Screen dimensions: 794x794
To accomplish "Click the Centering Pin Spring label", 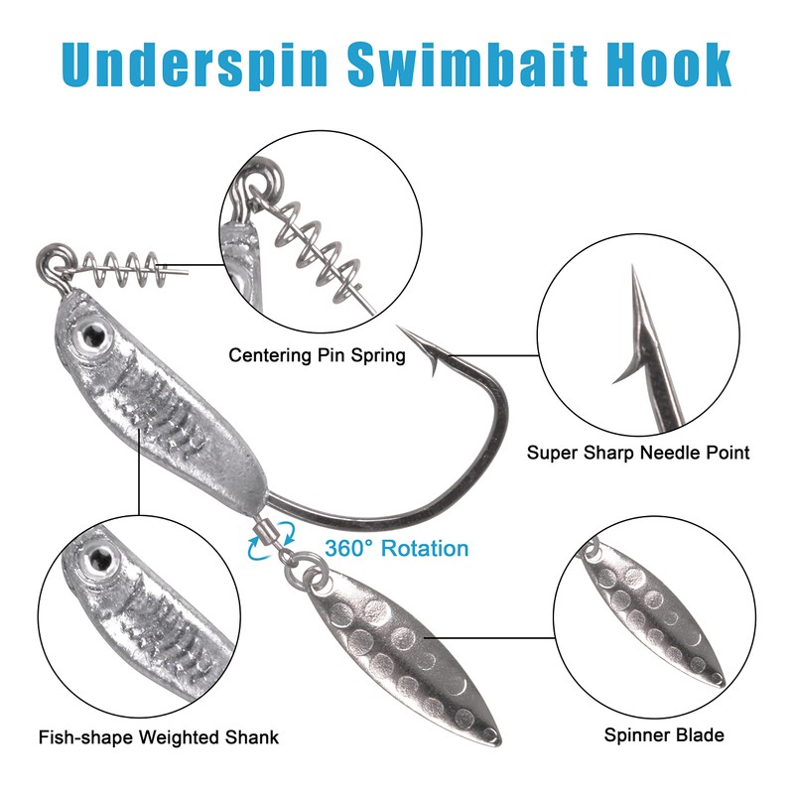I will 317,354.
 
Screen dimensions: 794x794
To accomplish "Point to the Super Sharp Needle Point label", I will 638,453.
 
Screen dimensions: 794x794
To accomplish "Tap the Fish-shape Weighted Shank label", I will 159,736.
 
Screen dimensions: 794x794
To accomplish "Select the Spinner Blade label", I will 664,735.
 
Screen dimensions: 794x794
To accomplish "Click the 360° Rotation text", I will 396,548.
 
